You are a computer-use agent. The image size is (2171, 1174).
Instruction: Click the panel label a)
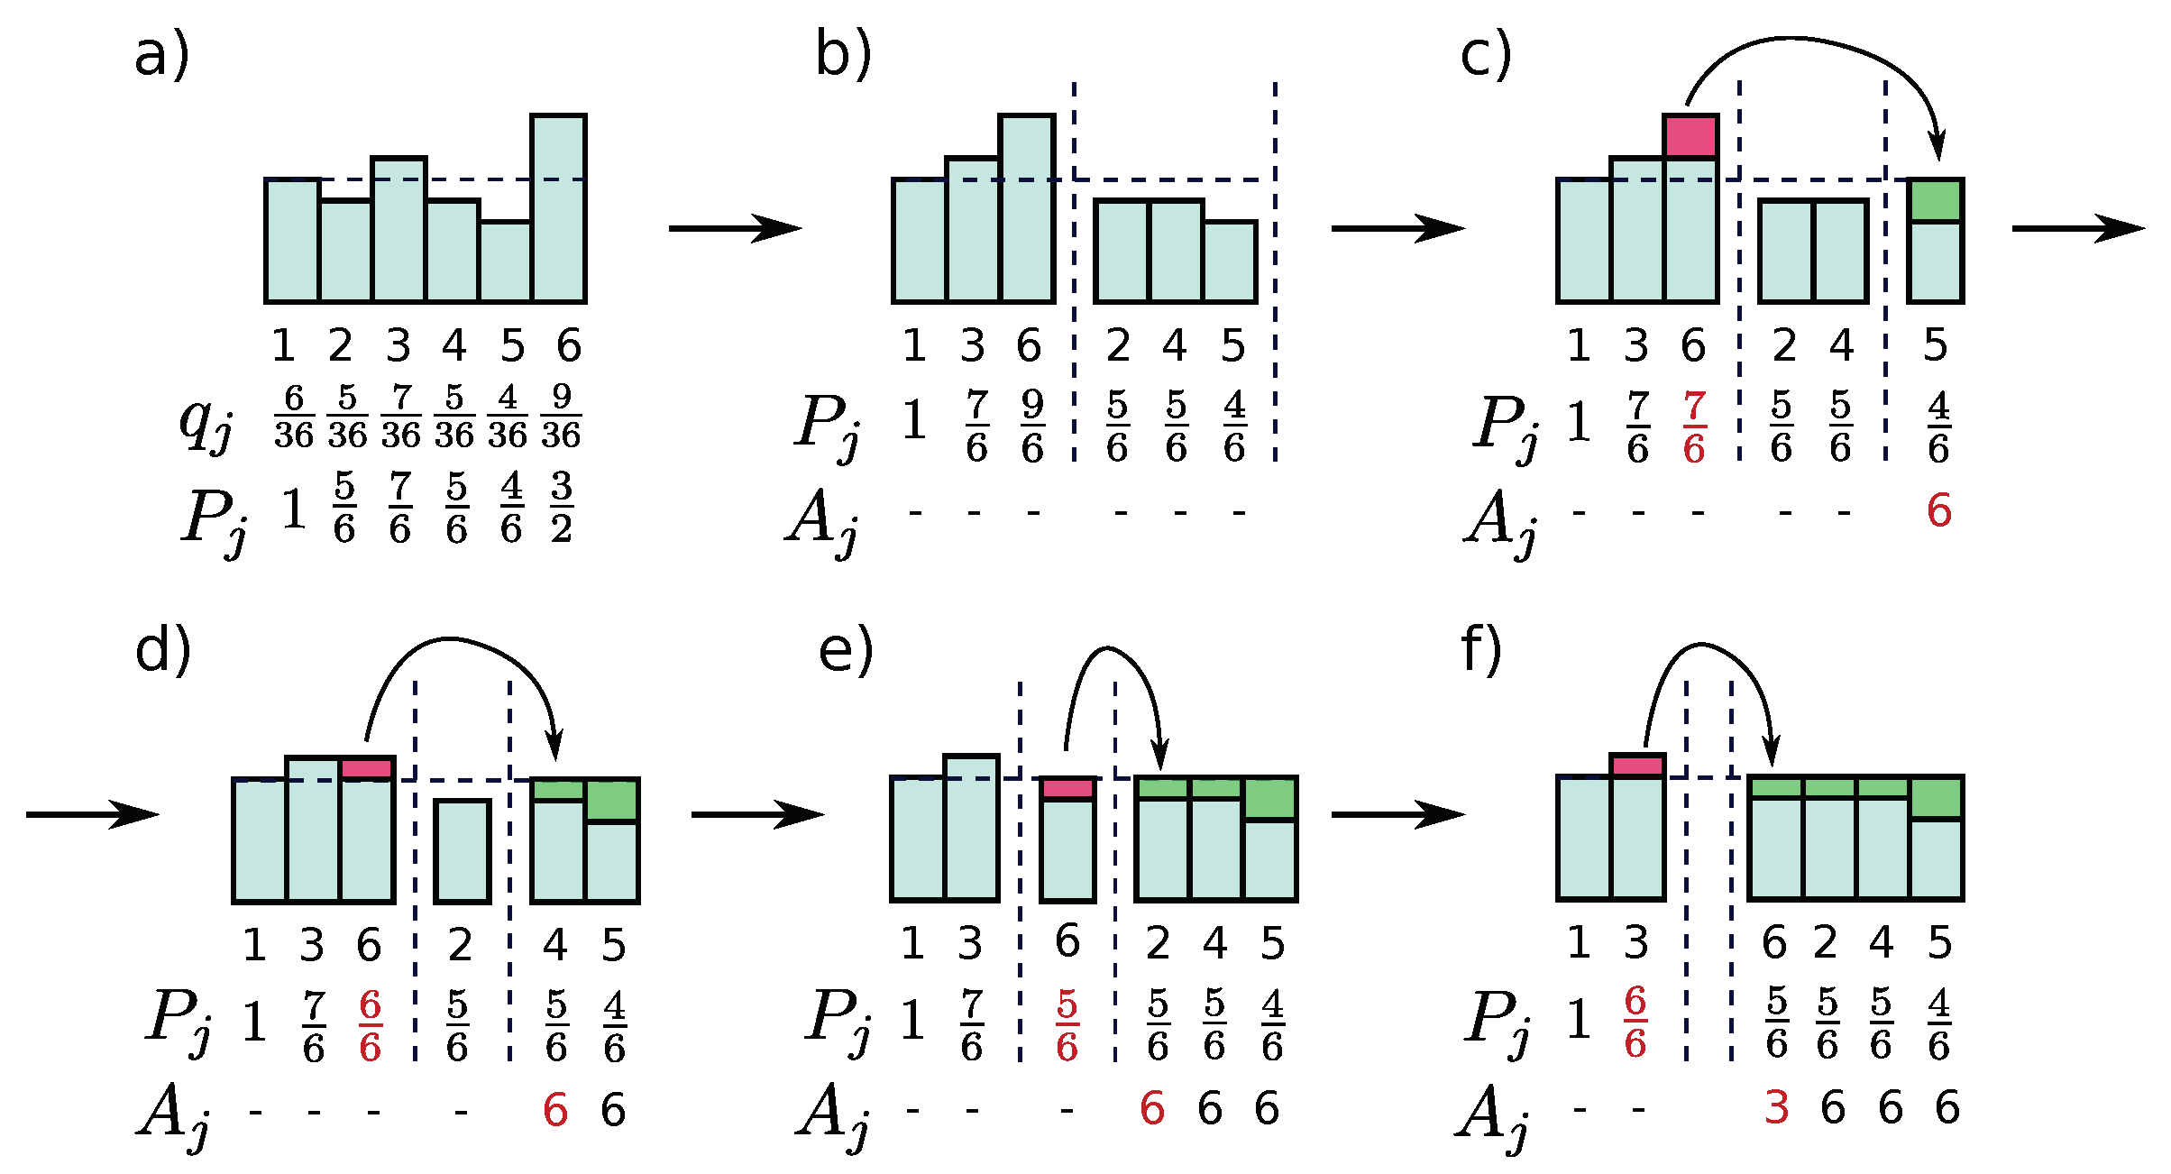(x=161, y=56)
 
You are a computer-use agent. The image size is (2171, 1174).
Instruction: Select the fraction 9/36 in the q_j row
(x=561, y=417)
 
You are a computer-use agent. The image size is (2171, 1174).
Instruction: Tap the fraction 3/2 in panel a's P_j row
(x=562, y=507)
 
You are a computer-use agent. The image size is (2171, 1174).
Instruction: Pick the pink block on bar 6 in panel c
(x=1690, y=137)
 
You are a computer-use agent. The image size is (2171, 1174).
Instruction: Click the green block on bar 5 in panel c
(x=1936, y=201)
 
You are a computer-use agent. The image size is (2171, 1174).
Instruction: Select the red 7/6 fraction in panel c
(x=1694, y=427)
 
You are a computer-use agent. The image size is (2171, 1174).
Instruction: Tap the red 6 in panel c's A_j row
(x=1939, y=511)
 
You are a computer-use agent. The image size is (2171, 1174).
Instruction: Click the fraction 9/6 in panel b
(x=1032, y=427)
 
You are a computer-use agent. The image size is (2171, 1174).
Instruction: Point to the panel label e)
(x=845, y=651)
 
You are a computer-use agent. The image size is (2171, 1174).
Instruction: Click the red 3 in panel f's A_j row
(x=1776, y=1107)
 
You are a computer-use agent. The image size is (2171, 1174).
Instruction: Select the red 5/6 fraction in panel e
(x=1067, y=1026)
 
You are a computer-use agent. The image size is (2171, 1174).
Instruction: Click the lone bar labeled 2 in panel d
(x=463, y=851)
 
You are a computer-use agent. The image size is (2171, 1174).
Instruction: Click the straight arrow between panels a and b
(x=735, y=229)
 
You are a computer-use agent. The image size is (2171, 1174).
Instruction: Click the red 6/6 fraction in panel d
(x=370, y=1026)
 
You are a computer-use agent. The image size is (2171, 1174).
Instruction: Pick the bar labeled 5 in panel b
(x=1230, y=261)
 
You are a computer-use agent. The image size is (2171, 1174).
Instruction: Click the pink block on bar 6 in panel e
(x=1067, y=789)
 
